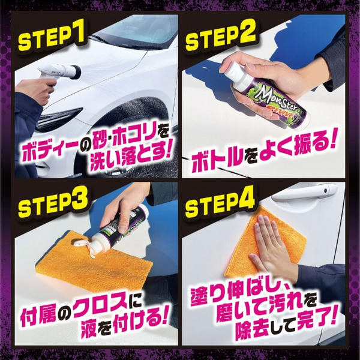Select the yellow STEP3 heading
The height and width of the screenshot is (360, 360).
pos(53,204)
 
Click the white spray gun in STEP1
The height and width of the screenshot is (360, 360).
pos(59,73)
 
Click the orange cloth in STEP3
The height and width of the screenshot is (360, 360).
pos(94,262)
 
